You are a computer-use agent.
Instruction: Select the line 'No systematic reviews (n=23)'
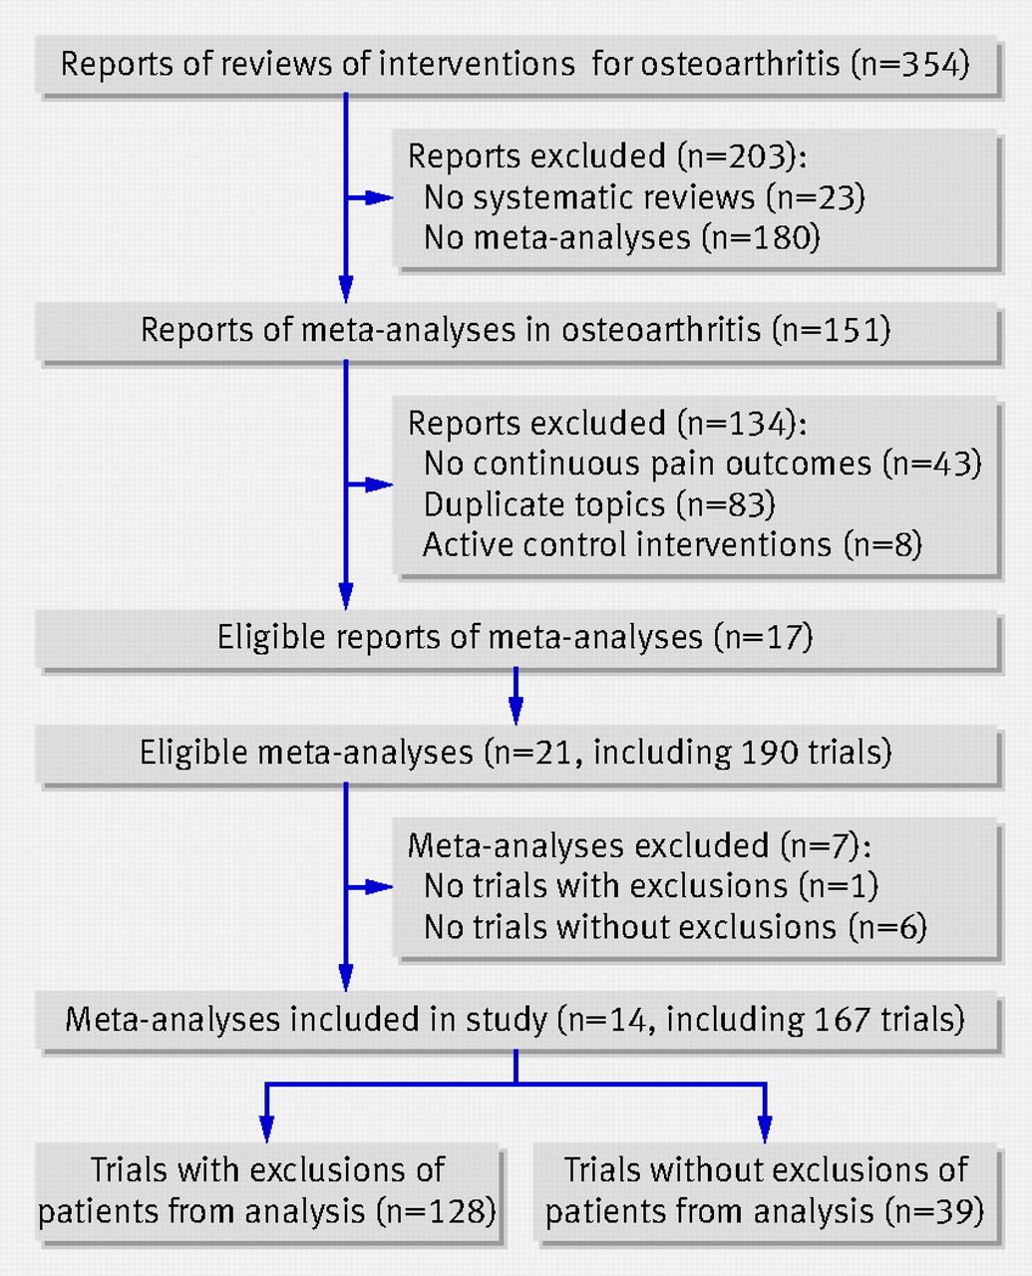(x=644, y=197)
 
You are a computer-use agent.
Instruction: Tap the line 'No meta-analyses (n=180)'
(x=621, y=237)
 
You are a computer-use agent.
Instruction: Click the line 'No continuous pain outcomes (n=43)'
(x=702, y=464)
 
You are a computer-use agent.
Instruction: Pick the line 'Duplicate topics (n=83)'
(x=599, y=503)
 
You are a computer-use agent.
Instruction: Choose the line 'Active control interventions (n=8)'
(x=672, y=544)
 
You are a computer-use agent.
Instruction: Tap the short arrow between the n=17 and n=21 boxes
(x=516, y=696)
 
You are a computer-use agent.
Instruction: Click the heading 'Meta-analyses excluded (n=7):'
(x=639, y=845)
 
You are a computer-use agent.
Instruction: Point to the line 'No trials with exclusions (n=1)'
(x=651, y=886)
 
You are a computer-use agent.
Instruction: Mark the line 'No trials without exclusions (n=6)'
(x=675, y=927)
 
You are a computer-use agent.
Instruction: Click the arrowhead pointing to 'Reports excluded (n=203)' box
(x=379, y=197)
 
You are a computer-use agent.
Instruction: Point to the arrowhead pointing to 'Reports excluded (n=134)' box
(x=379, y=484)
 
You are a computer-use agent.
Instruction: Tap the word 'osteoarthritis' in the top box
(x=740, y=64)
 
